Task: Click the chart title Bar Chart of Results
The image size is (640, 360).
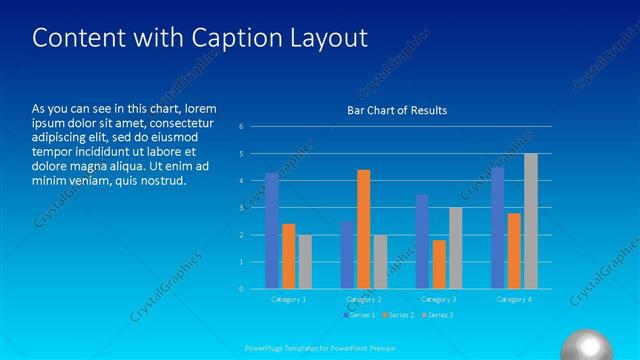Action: [397, 110]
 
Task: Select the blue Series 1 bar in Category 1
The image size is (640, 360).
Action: [272, 231]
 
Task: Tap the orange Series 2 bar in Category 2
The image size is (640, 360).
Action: [363, 229]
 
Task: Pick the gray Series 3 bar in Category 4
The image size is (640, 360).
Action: [530, 221]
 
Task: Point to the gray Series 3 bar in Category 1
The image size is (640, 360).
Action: [305, 262]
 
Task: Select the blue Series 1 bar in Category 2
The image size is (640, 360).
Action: [347, 255]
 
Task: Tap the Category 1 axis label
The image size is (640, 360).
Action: [289, 299]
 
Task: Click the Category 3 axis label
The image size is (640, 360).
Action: [439, 299]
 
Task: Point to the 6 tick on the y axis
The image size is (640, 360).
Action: [241, 127]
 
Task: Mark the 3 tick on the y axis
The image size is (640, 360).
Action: [241, 208]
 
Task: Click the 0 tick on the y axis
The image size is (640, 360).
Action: [241, 289]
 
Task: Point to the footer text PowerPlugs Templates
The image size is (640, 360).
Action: [290, 348]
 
